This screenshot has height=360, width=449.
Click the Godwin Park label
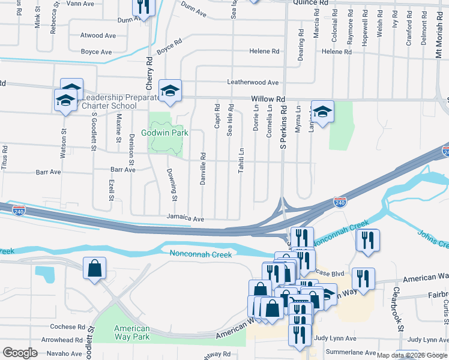165,133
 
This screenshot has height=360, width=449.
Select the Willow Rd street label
268,99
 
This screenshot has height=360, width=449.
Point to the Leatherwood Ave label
253,82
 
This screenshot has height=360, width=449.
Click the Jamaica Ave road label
185,219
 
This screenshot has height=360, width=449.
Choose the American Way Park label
131,332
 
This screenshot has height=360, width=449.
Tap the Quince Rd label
311,3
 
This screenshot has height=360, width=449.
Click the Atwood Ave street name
98,35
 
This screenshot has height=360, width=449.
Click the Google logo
20,353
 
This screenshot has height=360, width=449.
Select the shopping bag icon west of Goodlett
95,269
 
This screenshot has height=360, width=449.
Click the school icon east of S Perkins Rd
322,112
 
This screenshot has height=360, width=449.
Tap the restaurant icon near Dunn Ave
143,7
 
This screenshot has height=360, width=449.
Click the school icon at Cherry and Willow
170,91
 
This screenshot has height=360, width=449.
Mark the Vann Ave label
81,4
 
